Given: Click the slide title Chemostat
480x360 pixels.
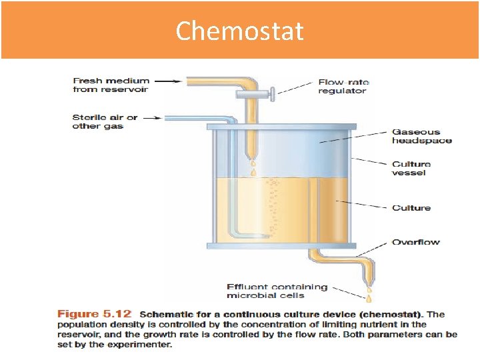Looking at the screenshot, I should (x=239, y=31).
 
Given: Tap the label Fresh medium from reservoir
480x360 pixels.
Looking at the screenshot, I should (x=111, y=85).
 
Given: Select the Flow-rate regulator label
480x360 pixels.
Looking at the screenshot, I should (x=342, y=87).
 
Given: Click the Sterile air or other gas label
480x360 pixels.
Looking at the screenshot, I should (x=105, y=121).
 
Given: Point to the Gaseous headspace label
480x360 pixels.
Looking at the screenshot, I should (x=421, y=136).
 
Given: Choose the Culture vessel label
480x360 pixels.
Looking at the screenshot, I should (x=411, y=168).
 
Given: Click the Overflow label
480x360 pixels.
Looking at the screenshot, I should (x=415, y=242).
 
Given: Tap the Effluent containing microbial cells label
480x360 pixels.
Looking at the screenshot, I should (x=277, y=291).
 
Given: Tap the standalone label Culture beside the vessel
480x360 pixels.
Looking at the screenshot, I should (x=411, y=208).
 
